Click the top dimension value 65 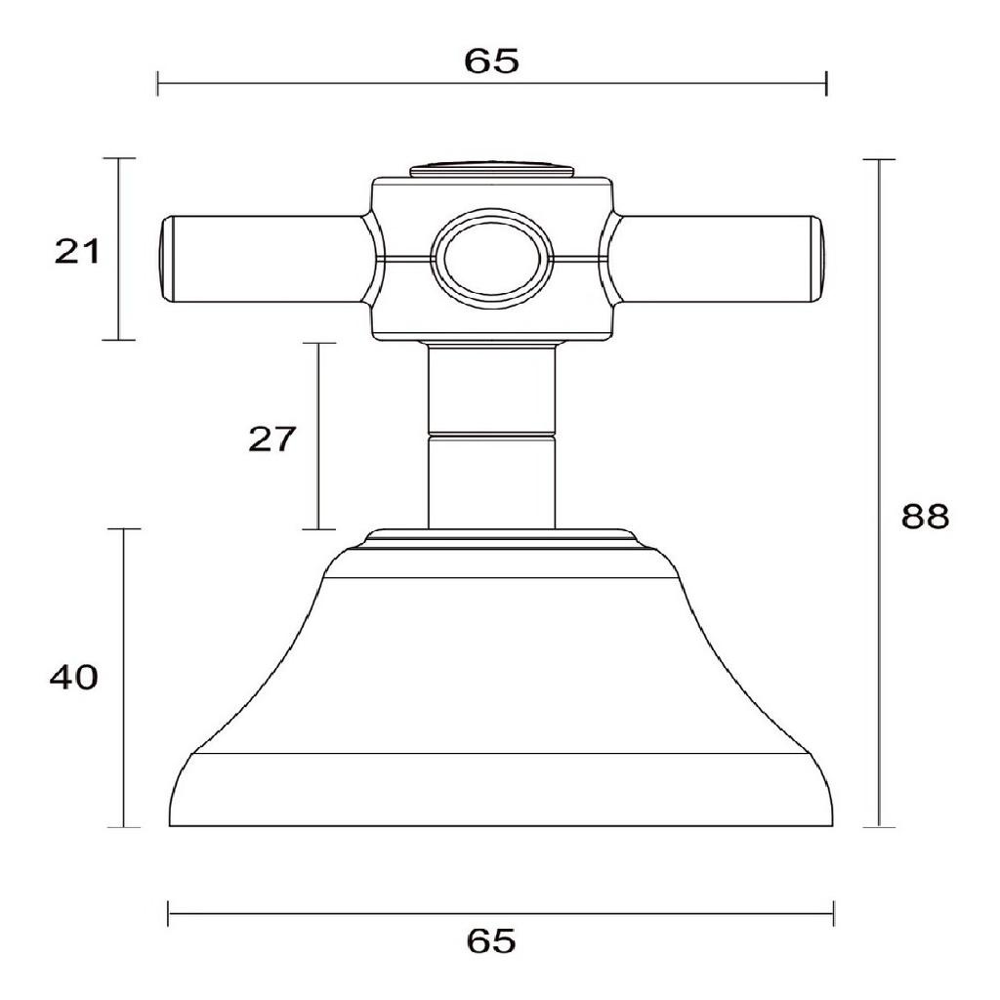click(x=491, y=61)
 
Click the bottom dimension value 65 click(x=491, y=940)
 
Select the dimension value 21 click(x=77, y=251)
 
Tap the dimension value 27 click(x=272, y=438)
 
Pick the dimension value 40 click(x=74, y=677)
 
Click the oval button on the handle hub click(x=490, y=260)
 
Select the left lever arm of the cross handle click(x=264, y=259)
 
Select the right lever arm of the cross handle click(x=718, y=259)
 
